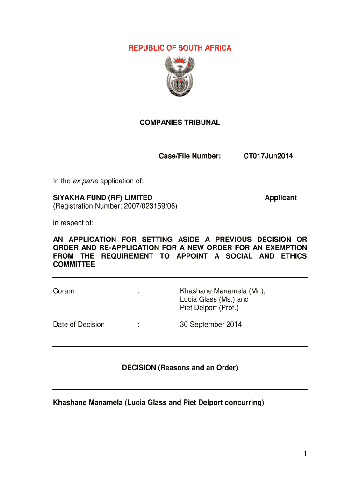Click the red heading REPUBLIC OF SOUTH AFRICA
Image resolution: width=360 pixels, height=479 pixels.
tap(180, 48)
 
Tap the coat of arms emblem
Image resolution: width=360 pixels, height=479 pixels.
tap(180, 77)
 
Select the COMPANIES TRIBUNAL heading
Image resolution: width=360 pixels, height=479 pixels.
tap(180, 123)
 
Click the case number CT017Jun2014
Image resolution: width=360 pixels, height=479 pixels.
tap(268, 156)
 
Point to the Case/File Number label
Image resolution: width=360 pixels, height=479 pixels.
tap(190, 156)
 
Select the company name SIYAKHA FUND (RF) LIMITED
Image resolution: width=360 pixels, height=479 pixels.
tap(102, 198)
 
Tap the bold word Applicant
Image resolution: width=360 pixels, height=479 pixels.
tap(281, 198)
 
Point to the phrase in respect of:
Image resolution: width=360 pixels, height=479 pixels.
tap(73, 223)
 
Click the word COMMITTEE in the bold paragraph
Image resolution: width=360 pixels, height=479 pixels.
tap(74, 265)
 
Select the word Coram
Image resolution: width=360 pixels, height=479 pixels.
tap(64, 291)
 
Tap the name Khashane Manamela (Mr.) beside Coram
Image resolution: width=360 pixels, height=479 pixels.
tap(223, 291)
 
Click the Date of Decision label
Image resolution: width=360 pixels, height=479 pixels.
tap(79, 325)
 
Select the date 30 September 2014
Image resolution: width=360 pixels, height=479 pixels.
tap(211, 325)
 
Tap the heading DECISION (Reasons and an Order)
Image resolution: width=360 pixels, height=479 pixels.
tap(180, 368)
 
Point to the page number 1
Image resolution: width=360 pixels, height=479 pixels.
tap(304, 454)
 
